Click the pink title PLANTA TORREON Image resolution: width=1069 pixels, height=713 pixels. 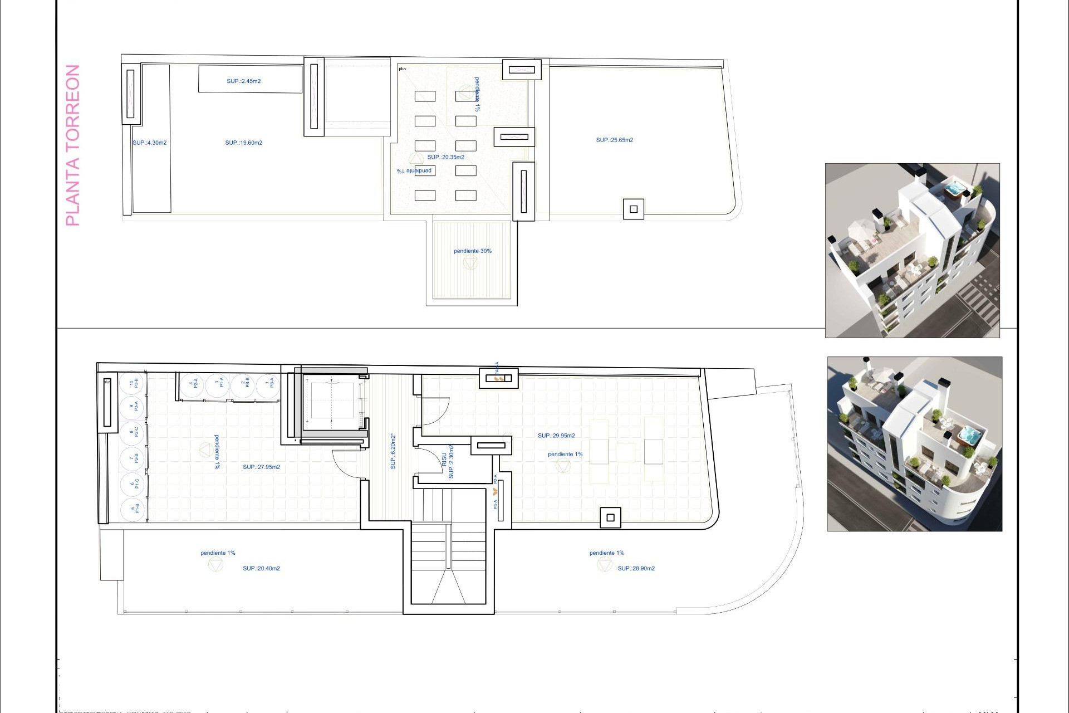(73, 145)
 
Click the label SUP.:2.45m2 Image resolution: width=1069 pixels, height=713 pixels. (243, 81)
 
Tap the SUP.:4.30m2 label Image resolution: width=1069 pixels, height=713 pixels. (149, 143)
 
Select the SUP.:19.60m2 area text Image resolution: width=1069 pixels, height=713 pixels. (243, 143)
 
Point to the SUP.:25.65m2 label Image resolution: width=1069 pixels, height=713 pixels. (614, 140)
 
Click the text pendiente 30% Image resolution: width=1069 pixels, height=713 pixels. (472, 251)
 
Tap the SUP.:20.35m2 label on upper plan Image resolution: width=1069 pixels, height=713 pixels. (445, 157)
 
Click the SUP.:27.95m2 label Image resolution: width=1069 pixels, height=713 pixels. (261, 467)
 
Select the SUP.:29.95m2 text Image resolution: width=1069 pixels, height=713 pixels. (556, 436)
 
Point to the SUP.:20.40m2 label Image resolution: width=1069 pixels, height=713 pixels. (261, 569)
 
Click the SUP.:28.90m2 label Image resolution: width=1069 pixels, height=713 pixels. (636, 569)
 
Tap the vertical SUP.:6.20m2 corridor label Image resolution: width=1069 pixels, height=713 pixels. (393, 452)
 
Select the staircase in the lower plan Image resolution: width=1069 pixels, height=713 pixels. (448, 551)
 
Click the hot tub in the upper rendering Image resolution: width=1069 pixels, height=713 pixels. (955, 189)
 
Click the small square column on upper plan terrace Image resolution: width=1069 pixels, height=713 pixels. (633, 209)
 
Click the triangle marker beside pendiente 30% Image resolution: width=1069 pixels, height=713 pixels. (470, 263)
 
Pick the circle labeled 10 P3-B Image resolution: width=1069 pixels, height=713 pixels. (133, 383)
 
